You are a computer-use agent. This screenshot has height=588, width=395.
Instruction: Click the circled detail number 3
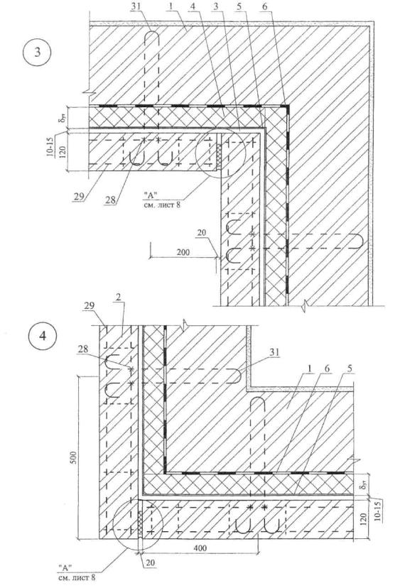37,51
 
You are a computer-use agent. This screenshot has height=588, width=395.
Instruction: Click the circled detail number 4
43,335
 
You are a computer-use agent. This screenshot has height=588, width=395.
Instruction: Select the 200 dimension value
183,252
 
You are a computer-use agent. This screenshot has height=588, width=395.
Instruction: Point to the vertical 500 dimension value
73,458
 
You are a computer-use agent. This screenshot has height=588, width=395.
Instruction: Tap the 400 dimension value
200,548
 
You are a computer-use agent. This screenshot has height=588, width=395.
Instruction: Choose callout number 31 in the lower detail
275,352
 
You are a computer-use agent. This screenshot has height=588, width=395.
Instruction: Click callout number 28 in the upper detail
110,200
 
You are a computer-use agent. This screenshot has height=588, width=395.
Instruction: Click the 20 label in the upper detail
202,232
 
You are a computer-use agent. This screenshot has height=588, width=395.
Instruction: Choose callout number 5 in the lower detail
350,369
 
